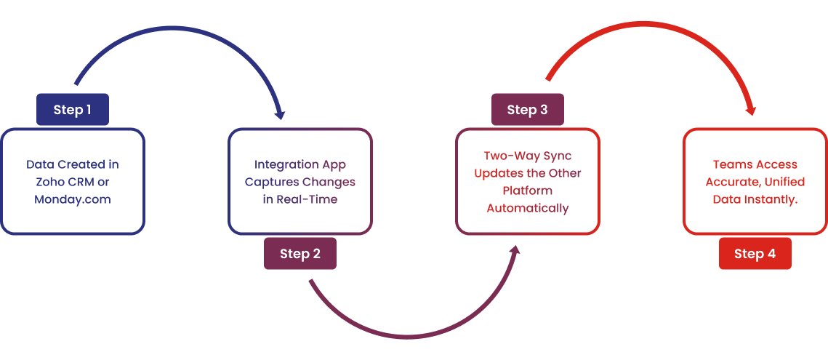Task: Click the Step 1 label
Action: point(73,110)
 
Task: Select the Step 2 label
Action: point(300,254)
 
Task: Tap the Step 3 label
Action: point(527,110)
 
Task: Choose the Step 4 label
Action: point(755,254)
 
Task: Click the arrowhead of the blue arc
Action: point(279,114)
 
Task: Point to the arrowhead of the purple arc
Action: point(515,251)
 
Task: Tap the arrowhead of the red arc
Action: point(751,111)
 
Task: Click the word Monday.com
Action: point(73,199)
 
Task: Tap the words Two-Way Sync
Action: point(527,156)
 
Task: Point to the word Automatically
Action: point(527,208)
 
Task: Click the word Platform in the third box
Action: point(527,191)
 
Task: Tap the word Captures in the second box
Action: point(270,182)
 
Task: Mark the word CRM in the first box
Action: point(81,182)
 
